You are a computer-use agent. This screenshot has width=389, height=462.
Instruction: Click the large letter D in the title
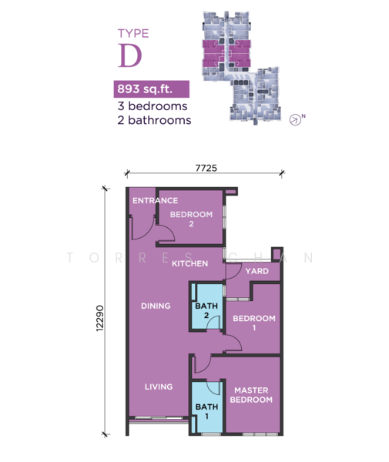pos(129,55)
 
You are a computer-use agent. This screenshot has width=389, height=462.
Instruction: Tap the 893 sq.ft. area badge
pos(152,89)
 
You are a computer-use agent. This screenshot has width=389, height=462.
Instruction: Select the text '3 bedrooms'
pos(153,106)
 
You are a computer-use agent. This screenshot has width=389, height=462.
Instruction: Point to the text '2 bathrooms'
pos(154,120)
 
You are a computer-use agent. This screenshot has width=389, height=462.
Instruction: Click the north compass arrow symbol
pos(295,119)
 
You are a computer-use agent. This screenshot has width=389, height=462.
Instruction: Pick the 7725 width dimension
pos(206,168)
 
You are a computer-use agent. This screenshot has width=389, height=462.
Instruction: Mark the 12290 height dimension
pos(100,318)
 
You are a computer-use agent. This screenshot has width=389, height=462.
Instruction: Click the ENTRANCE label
pos(155,201)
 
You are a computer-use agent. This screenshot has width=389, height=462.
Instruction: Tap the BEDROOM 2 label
pos(191,219)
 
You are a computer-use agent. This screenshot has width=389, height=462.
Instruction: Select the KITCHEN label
pos(189,263)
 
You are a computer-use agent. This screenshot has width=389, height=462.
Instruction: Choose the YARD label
pos(257,271)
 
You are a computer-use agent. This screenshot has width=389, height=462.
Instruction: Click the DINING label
pos(156,306)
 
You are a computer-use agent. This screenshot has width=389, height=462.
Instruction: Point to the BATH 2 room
pos(206,306)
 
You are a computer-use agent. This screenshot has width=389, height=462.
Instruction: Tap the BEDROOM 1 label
pos(254,323)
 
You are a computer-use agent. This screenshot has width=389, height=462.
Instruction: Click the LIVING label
pos(159,387)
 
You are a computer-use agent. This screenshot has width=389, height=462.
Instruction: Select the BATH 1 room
pos(207,407)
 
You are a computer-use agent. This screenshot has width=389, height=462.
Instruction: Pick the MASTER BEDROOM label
pos(251,395)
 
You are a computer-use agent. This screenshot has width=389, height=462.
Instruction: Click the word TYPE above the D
pos(133,33)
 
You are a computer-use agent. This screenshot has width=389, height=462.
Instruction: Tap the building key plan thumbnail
pos(241,68)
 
